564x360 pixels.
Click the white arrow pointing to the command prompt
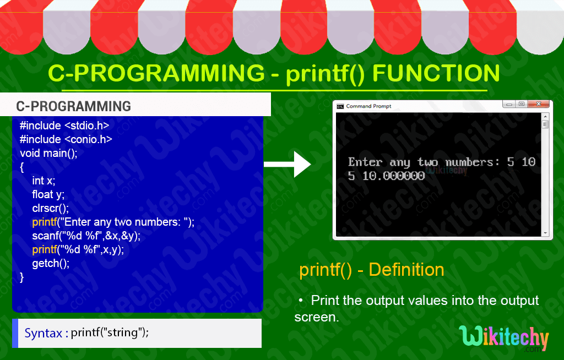click(x=288, y=163)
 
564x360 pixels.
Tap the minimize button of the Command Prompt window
click(x=507, y=104)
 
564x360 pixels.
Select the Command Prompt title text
click(x=368, y=106)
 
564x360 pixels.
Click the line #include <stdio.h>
click(x=64, y=125)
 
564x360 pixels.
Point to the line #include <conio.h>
click(x=66, y=139)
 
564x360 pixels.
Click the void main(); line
click(x=48, y=153)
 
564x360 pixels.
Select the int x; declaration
click(x=44, y=181)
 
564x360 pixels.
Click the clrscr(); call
click(x=50, y=208)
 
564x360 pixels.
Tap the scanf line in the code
click(x=86, y=236)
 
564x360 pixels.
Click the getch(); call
click(x=51, y=263)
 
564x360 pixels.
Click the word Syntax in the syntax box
click(x=43, y=333)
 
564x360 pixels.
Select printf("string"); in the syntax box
click(x=110, y=333)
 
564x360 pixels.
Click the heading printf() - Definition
click(x=371, y=270)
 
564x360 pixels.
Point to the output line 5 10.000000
click(x=386, y=176)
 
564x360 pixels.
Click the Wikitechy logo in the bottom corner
click(x=503, y=338)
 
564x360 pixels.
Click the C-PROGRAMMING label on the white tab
click(x=73, y=106)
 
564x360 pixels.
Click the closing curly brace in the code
click(x=22, y=277)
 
